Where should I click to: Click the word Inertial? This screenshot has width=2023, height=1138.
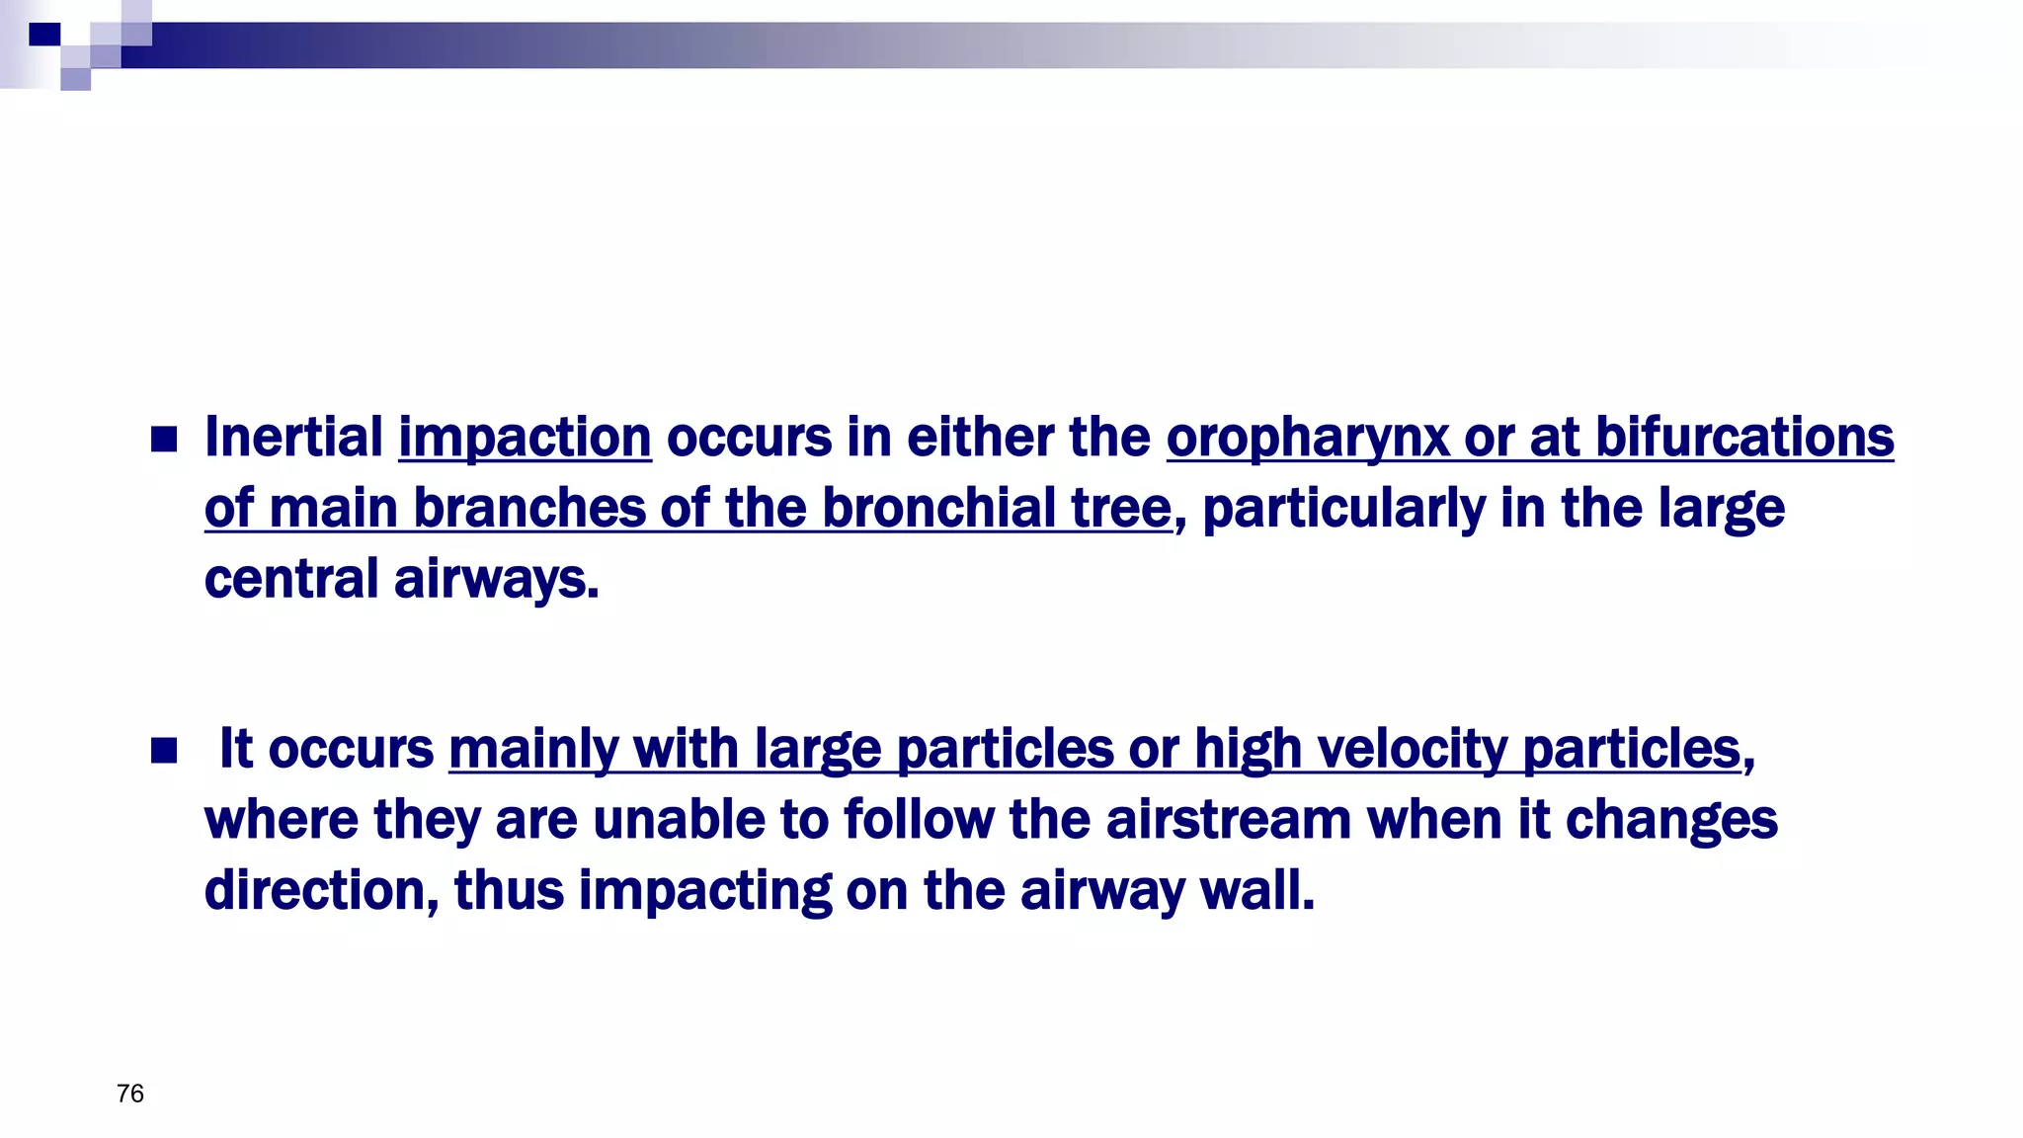(x=293, y=437)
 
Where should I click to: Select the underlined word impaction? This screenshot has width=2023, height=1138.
(x=525, y=437)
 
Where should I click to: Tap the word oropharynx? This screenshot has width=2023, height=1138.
(x=1307, y=439)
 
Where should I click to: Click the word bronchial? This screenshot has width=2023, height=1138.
(x=938, y=508)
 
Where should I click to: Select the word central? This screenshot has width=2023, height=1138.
(x=291, y=579)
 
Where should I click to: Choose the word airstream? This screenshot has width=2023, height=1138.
(x=1228, y=820)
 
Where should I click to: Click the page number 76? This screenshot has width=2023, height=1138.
(x=130, y=1094)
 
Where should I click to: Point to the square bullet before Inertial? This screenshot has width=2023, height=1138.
(x=164, y=440)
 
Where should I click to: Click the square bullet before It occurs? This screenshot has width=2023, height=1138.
(x=164, y=752)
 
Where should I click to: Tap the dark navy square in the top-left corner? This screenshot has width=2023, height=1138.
(x=44, y=35)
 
